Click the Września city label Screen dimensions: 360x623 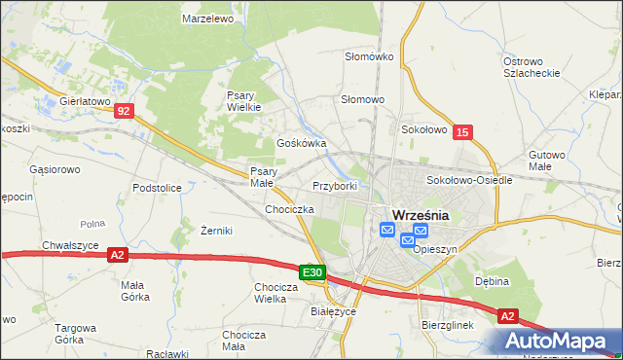pos(420,215)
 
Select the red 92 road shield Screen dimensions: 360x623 pos(122,112)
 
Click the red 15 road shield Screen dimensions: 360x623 pos(462,131)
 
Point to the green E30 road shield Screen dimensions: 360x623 pos(311,273)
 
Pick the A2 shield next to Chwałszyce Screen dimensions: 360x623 pos(118,255)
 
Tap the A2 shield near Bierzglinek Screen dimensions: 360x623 pos(507,316)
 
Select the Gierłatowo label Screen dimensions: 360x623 pos(85,100)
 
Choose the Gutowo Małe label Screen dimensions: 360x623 pos(547,161)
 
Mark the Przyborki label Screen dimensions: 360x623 pos(336,185)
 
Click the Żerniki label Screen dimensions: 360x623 pos(215,231)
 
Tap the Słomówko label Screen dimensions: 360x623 pos(369,56)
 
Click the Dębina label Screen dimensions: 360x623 pos(493,280)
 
